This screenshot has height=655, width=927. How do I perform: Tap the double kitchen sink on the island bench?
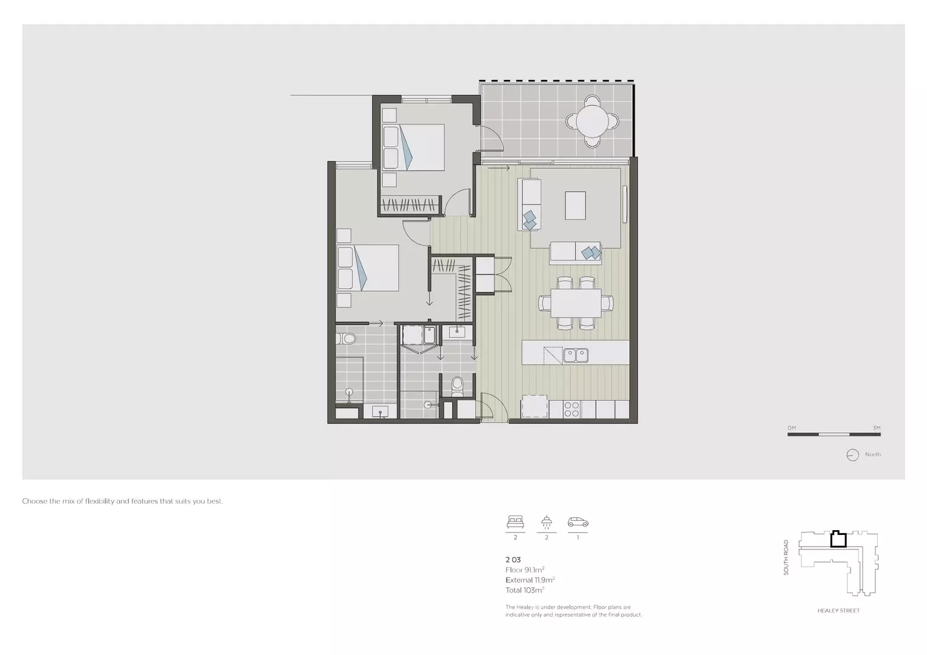click(x=575, y=355)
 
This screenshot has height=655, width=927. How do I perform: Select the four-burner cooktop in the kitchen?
click(x=572, y=409)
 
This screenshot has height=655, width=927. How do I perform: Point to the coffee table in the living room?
click(x=575, y=205)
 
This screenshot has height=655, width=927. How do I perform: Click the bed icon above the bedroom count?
click(x=515, y=522)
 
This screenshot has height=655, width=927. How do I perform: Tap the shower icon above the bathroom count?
click(x=547, y=522)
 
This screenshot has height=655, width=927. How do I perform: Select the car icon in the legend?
click(x=578, y=522)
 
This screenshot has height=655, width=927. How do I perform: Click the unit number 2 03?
click(x=513, y=560)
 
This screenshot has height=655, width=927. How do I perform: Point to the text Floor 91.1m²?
click(x=525, y=570)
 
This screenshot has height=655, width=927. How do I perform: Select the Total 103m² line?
click(x=525, y=590)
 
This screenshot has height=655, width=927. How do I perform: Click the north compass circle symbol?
click(x=852, y=455)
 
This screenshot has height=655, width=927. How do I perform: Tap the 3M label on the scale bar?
click(x=876, y=428)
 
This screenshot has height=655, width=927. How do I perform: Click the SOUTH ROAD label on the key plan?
click(x=786, y=557)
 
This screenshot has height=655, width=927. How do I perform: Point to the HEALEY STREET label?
click(x=838, y=611)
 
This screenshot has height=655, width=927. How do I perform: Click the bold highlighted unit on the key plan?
click(x=838, y=539)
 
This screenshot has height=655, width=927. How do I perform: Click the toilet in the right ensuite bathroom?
click(x=457, y=385)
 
